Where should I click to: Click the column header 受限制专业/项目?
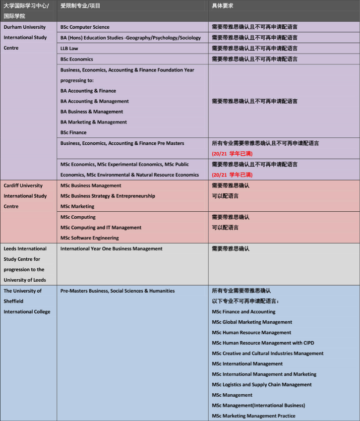80,5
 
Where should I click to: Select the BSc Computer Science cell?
85,27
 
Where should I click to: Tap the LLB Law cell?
69,49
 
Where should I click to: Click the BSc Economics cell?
77,60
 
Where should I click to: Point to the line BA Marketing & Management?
94,122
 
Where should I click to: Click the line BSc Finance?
73,132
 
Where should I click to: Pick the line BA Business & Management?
92,112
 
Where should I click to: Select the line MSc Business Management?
91,185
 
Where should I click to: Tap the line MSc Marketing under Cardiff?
77,206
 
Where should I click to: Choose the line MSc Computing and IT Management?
101,228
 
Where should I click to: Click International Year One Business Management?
112,249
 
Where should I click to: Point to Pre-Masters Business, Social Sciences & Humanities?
118,291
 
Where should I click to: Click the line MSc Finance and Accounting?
243,312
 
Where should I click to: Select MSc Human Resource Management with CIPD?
263,343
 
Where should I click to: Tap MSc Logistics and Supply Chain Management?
262,385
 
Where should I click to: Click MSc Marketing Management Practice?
253,416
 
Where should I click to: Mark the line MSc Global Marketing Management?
252,322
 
